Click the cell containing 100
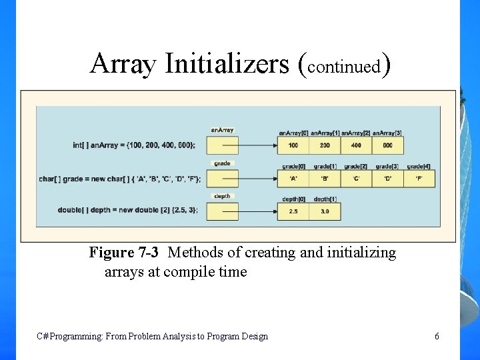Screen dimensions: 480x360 coord(293,145)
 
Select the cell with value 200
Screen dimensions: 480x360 coord(325,145)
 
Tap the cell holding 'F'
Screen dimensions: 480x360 coord(420,179)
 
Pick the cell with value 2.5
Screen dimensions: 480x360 coord(293,212)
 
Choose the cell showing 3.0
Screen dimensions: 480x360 coord(325,212)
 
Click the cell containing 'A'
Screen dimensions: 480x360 coord(293,179)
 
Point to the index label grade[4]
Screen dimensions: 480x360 coord(420,166)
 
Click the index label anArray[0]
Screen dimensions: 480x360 coord(293,133)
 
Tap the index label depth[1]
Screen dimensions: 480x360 coord(325,199)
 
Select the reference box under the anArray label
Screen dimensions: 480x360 coord(222,145)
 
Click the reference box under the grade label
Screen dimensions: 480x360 coord(222,179)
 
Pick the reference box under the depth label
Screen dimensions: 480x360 coord(222,212)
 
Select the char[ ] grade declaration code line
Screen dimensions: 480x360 coord(120,179)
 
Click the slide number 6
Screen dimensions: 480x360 coord(437,337)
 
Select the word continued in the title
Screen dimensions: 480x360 coord(344,67)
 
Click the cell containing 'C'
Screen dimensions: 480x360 coord(356,179)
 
